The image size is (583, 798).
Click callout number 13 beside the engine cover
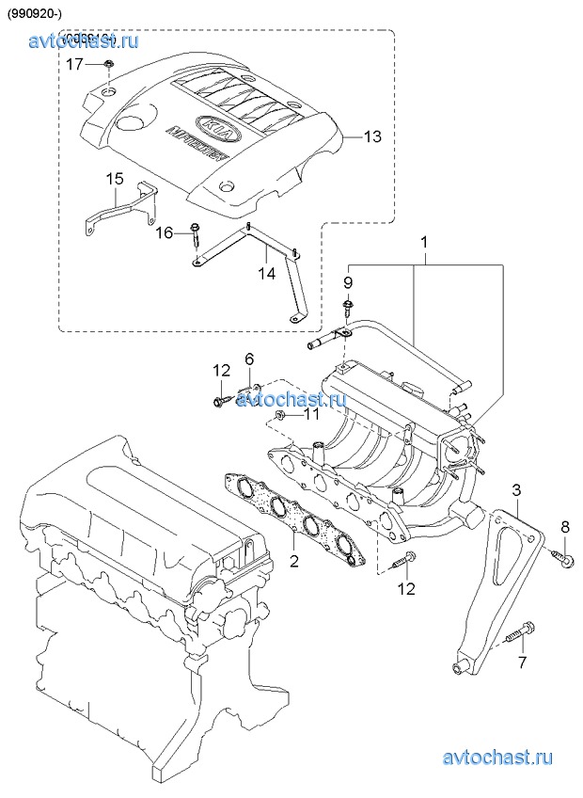[x=372, y=137]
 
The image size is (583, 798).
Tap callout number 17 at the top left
[x=75, y=63]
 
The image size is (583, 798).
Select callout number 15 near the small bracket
[x=114, y=179]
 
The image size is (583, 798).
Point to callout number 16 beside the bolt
[x=165, y=231]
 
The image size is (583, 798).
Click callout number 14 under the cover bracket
[x=266, y=274]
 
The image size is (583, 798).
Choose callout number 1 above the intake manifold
[x=424, y=242]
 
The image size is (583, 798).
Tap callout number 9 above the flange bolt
[x=347, y=281]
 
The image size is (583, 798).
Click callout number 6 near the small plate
[x=249, y=359]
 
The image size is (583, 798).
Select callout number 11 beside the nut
[x=310, y=413]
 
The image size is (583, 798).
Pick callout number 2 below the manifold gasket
[x=293, y=562]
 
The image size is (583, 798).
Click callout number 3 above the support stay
[x=516, y=489]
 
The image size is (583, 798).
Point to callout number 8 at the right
[x=565, y=525]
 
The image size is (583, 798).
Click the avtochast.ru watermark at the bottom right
[x=497, y=758]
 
